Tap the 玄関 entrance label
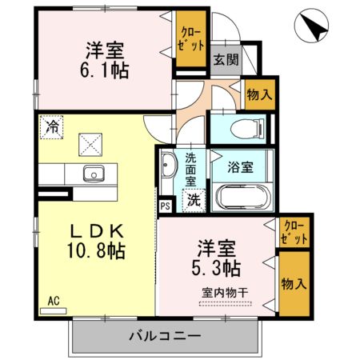click(223, 58)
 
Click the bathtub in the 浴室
click(243, 197)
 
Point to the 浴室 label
click(241, 168)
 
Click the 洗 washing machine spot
click(194, 201)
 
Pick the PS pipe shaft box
click(166, 206)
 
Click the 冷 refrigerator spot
click(52, 126)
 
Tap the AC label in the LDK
click(54, 301)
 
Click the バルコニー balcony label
click(167, 335)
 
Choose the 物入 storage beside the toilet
click(259, 94)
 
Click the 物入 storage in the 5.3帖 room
click(294, 283)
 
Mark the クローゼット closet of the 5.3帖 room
click(294, 232)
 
